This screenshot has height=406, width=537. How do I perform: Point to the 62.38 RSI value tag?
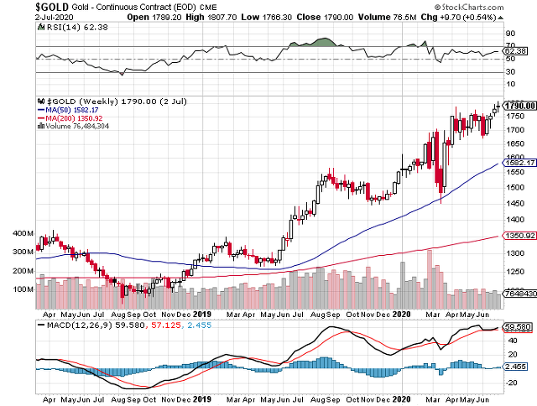[513, 52]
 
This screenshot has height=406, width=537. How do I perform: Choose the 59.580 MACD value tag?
[514, 326]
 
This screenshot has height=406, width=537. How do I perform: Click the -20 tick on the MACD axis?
[510, 382]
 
